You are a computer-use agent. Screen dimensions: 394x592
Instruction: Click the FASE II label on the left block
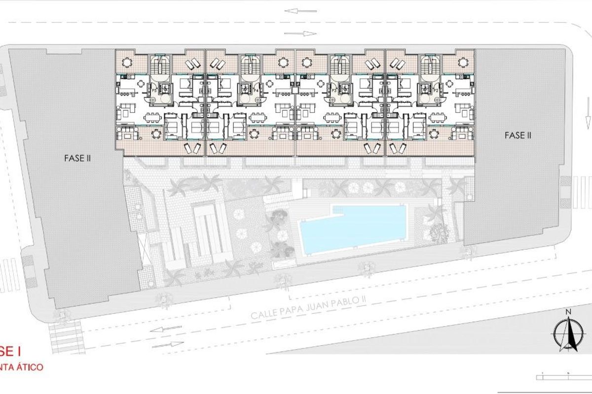(77, 159)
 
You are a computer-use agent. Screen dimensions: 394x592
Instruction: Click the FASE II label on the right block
(518, 135)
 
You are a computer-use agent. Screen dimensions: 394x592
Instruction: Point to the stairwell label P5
(154, 91)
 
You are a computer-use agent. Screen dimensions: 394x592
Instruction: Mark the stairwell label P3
(334, 91)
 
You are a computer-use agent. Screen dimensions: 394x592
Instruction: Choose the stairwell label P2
(436, 91)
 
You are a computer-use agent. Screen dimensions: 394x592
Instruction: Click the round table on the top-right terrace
(462, 63)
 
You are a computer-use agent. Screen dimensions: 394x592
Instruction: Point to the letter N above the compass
(568, 312)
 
